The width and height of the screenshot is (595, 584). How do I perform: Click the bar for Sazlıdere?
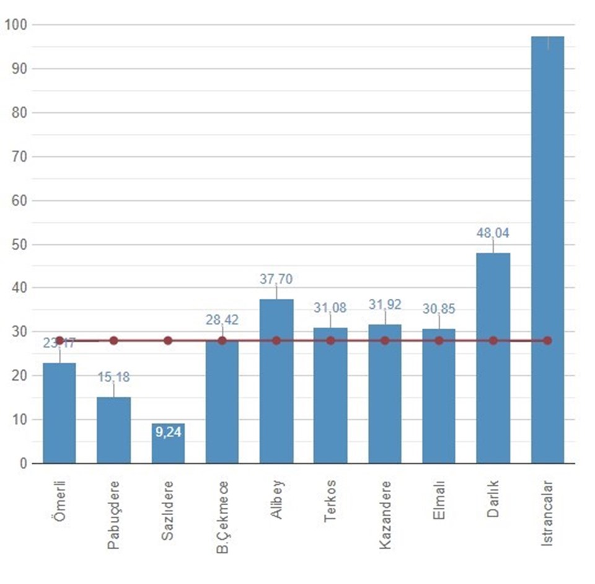tap(168, 443)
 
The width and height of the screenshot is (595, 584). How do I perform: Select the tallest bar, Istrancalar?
tap(547, 248)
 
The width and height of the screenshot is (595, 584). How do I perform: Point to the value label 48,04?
tap(493, 233)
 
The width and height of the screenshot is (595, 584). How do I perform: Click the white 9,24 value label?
tap(168, 433)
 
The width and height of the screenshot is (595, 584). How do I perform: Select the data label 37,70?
tap(276, 280)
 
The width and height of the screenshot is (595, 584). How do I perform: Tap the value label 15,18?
tap(113, 377)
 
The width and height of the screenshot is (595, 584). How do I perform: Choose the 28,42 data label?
tap(222, 320)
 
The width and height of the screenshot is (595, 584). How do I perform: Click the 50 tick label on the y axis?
tap(18, 244)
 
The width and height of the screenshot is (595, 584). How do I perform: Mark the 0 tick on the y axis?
tap(23, 464)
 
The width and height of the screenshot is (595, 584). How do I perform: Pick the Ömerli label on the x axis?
tap(59, 495)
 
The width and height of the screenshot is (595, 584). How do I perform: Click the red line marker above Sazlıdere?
tap(168, 340)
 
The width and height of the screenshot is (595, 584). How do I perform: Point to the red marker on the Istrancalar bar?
tap(547, 340)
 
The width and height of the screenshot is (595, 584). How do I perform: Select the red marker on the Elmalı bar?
tap(439, 340)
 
